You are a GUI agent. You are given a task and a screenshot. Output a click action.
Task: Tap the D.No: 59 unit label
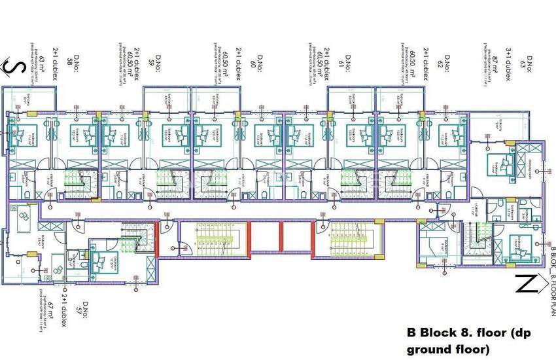click(151, 63)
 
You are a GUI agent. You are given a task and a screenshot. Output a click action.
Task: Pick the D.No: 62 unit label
click(447, 63)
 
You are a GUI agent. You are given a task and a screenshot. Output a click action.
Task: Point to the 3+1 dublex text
click(507, 65)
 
